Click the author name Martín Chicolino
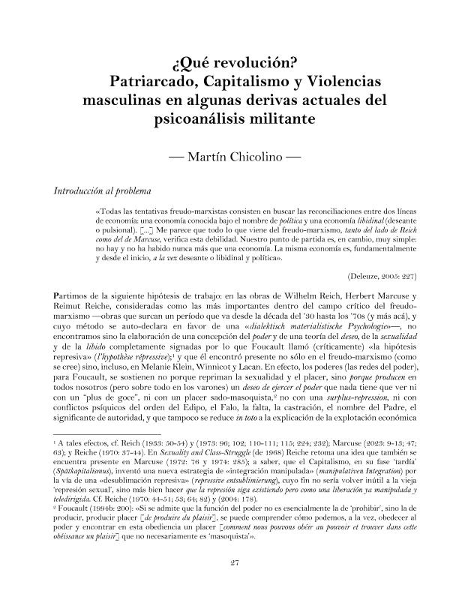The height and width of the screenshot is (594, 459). [229, 157]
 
